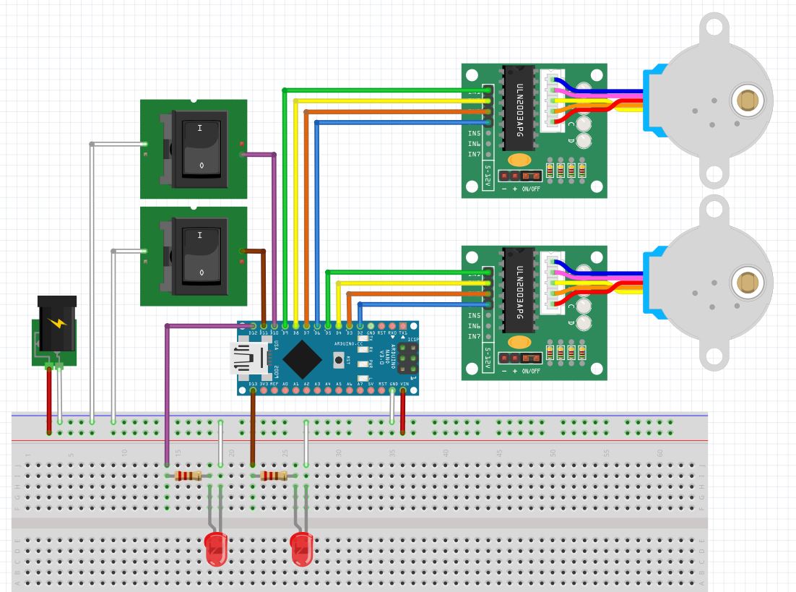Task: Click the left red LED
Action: pyautogui.click(x=216, y=549)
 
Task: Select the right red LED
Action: pyautogui.click(x=301, y=549)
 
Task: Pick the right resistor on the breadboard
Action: pyautogui.click(x=274, y=476)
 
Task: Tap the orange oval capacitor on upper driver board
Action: pyautogui.click(x=518, y=160)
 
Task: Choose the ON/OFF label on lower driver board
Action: pyautogui.click(x=530, y=371)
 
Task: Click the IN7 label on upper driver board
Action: pyautogui.click(x=474, y=154)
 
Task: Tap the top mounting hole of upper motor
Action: pyautogui.click(x=713, y=27)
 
